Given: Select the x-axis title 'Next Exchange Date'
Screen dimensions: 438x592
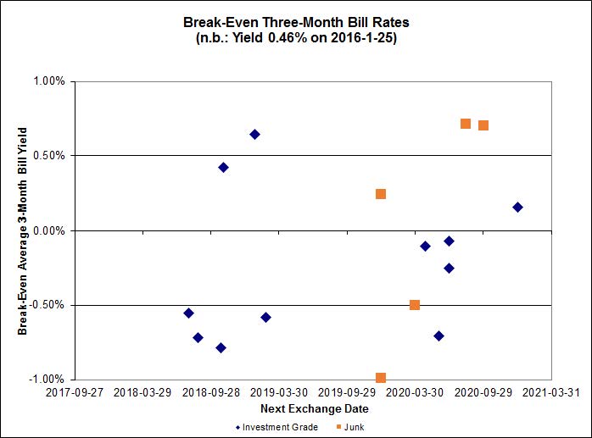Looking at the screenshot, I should (x=314, y=408).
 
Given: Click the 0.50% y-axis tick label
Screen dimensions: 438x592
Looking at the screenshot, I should (x=49, y=156).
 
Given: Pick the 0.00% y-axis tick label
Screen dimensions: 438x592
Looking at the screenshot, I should (x=49, y=230).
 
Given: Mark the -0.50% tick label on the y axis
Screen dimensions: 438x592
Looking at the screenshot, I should (x=47, y=305).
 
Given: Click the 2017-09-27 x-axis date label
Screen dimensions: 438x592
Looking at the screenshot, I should (x=75, y=392).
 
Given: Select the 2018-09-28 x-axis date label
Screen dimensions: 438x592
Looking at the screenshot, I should (x=214, y=392).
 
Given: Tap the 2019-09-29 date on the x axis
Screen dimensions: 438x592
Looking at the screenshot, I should (x=353, y=392).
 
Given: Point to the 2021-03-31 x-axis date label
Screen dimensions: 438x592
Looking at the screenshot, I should (x=550, y=392).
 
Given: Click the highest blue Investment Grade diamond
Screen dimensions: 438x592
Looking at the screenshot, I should (x=254, y=135).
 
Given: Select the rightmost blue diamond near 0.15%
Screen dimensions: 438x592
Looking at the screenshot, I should (x=517, y=208).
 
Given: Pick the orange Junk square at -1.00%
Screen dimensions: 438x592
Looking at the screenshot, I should (x=381, y=378).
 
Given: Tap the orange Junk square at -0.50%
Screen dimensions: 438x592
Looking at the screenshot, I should (x=415, y=305).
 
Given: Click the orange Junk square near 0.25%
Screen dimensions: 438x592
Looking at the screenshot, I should (x=381, y=194).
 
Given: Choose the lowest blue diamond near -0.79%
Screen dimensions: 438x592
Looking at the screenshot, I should (x=221, y=348).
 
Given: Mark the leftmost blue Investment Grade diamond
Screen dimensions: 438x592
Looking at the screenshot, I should (x=188, y=313).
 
